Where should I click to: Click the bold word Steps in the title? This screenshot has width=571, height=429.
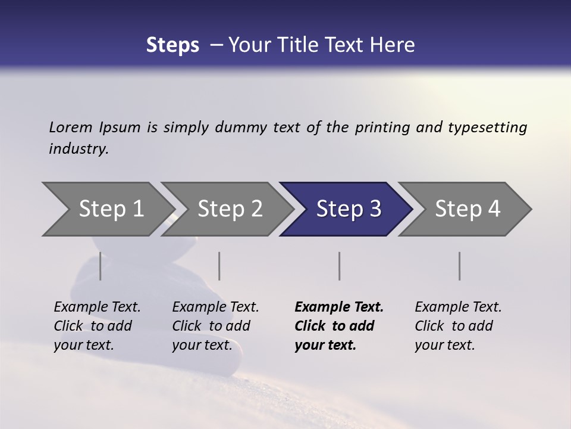172,45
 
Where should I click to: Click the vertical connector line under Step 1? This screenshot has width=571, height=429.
100,266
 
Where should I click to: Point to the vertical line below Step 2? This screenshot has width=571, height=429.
219,266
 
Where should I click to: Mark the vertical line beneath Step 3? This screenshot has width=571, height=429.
339,266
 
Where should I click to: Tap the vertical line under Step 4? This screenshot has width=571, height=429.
459,266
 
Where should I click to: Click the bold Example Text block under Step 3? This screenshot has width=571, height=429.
339,326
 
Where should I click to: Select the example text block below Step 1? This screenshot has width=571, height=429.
97,326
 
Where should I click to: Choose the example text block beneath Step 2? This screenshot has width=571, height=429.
215,326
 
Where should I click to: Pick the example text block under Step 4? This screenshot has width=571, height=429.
458,326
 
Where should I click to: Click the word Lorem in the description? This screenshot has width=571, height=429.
71,128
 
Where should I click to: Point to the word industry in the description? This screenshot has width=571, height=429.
79,149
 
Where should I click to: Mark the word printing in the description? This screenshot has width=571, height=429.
381,128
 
